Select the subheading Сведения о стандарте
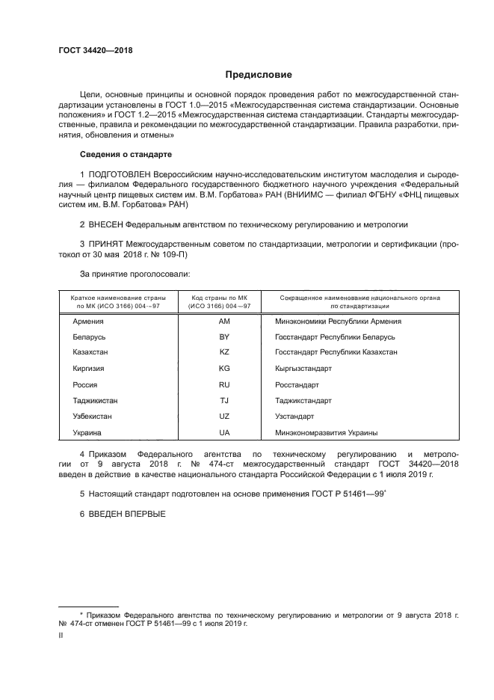pos(126,154)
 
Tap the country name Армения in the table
pos(89,321)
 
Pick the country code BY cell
pos(223,337)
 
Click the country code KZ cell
pos(223,352)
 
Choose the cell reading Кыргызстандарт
pos(303,369)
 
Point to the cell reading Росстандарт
pos(297,384)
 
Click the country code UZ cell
pos(223,416)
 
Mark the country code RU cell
pos(223,384)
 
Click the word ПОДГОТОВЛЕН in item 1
pos(121,174)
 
